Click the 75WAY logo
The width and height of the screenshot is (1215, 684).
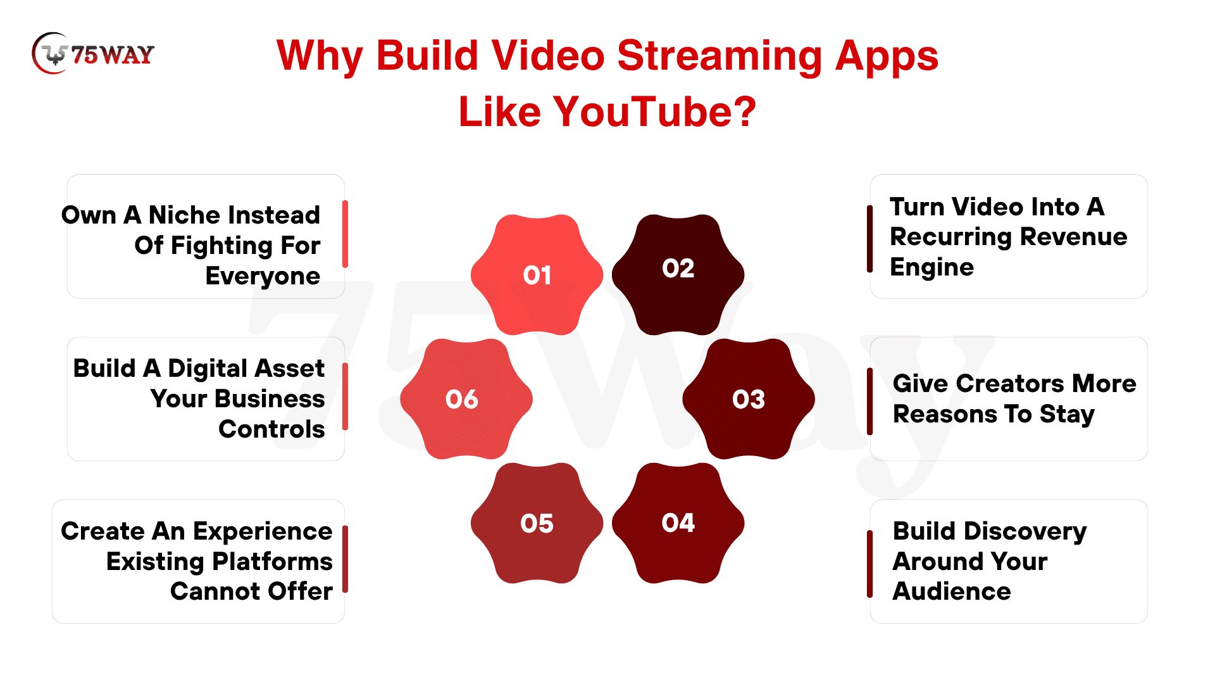(x=93, y=54)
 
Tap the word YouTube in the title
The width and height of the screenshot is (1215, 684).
(x=654, y=111)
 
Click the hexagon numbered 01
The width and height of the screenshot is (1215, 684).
(x=537, y=275)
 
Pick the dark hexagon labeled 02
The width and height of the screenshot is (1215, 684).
(x=678, y=275)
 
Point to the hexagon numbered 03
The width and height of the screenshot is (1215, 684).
(x=749, y=399)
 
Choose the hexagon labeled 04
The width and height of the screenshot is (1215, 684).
(x=678, y=523)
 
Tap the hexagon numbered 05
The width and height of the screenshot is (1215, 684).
(x=537, y=523)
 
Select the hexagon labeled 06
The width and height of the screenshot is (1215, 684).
(x=466, y=399)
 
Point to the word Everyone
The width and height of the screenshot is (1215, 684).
(x=263, y=277)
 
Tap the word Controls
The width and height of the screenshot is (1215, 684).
(x=271, y=429)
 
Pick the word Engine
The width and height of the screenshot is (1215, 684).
(x=931, y=268)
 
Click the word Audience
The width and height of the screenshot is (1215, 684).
(x=951, y=592)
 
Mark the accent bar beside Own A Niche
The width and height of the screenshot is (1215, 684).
(x=345, y=234)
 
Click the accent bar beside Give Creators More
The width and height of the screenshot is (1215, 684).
(x=870, y=402)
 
